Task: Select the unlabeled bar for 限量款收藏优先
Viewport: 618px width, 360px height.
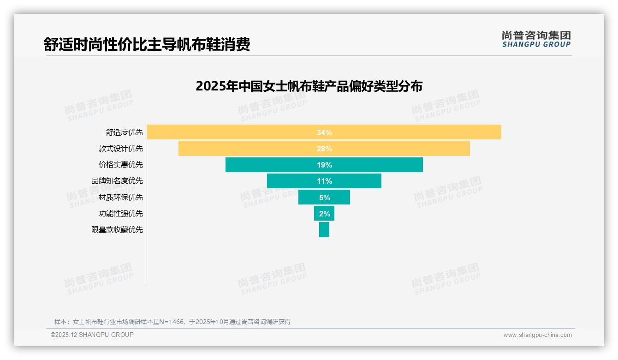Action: pyautogui.click(x=324, y=229)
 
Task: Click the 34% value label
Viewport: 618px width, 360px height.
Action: pyautogui.click(x=324, y=132)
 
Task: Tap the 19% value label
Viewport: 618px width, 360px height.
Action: pyautogui.click(x=324, y=165)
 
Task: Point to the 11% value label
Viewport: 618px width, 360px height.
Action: pyautogui.click(x=324, y=181)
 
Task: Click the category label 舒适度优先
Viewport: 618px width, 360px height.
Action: pyautogui.click(x=125, y=132)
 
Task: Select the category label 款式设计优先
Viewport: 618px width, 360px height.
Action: pyautogui.click(x=121, y=149)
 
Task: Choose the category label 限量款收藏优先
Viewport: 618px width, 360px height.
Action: pyautogui.click(x=117, y=229)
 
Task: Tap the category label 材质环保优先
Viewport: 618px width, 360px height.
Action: pyautogui.click(x=121, y=197)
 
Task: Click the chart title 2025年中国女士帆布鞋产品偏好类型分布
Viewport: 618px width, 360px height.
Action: pyautogui.click(x=309, y=86)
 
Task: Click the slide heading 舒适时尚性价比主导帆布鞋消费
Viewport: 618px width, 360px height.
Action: pyautogui.click(x=147, y=45)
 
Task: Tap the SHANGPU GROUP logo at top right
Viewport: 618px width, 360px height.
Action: pyautogui.click(x=536, y=39)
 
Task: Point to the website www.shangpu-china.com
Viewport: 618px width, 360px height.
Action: pyautogui.click(x=537, y=335)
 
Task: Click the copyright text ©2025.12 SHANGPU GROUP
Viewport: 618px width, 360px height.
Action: pyautogui.click(x=92, y=335)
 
